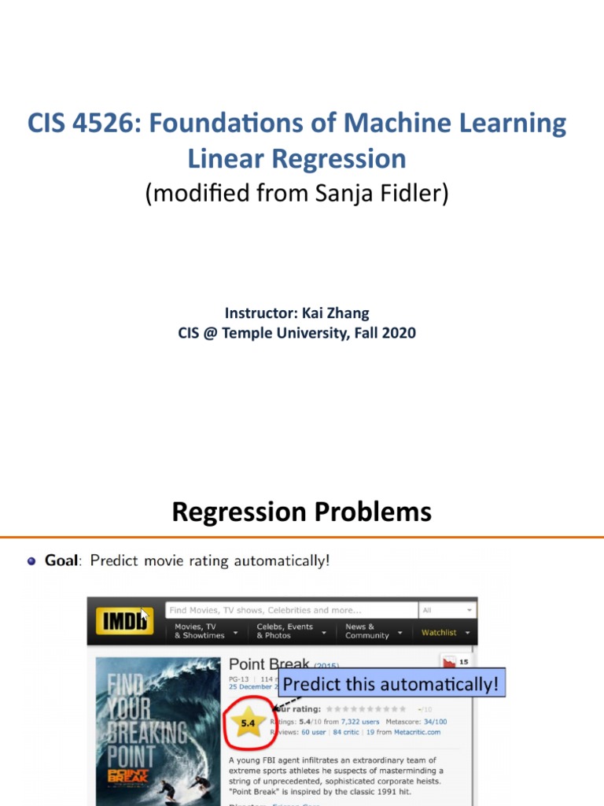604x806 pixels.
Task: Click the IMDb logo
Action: [124, 621]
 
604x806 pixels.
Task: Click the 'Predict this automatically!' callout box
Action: [390, 684]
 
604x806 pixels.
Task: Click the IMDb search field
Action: [291, 610]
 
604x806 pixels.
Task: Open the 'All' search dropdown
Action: [447, 610]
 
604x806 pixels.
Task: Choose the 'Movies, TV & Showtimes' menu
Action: [200, 631]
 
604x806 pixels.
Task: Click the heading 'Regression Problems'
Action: [302, 512]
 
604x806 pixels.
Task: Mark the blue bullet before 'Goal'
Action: [31, 561]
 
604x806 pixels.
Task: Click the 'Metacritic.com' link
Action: [414, 732]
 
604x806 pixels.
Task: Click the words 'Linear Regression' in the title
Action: [296, 158]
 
